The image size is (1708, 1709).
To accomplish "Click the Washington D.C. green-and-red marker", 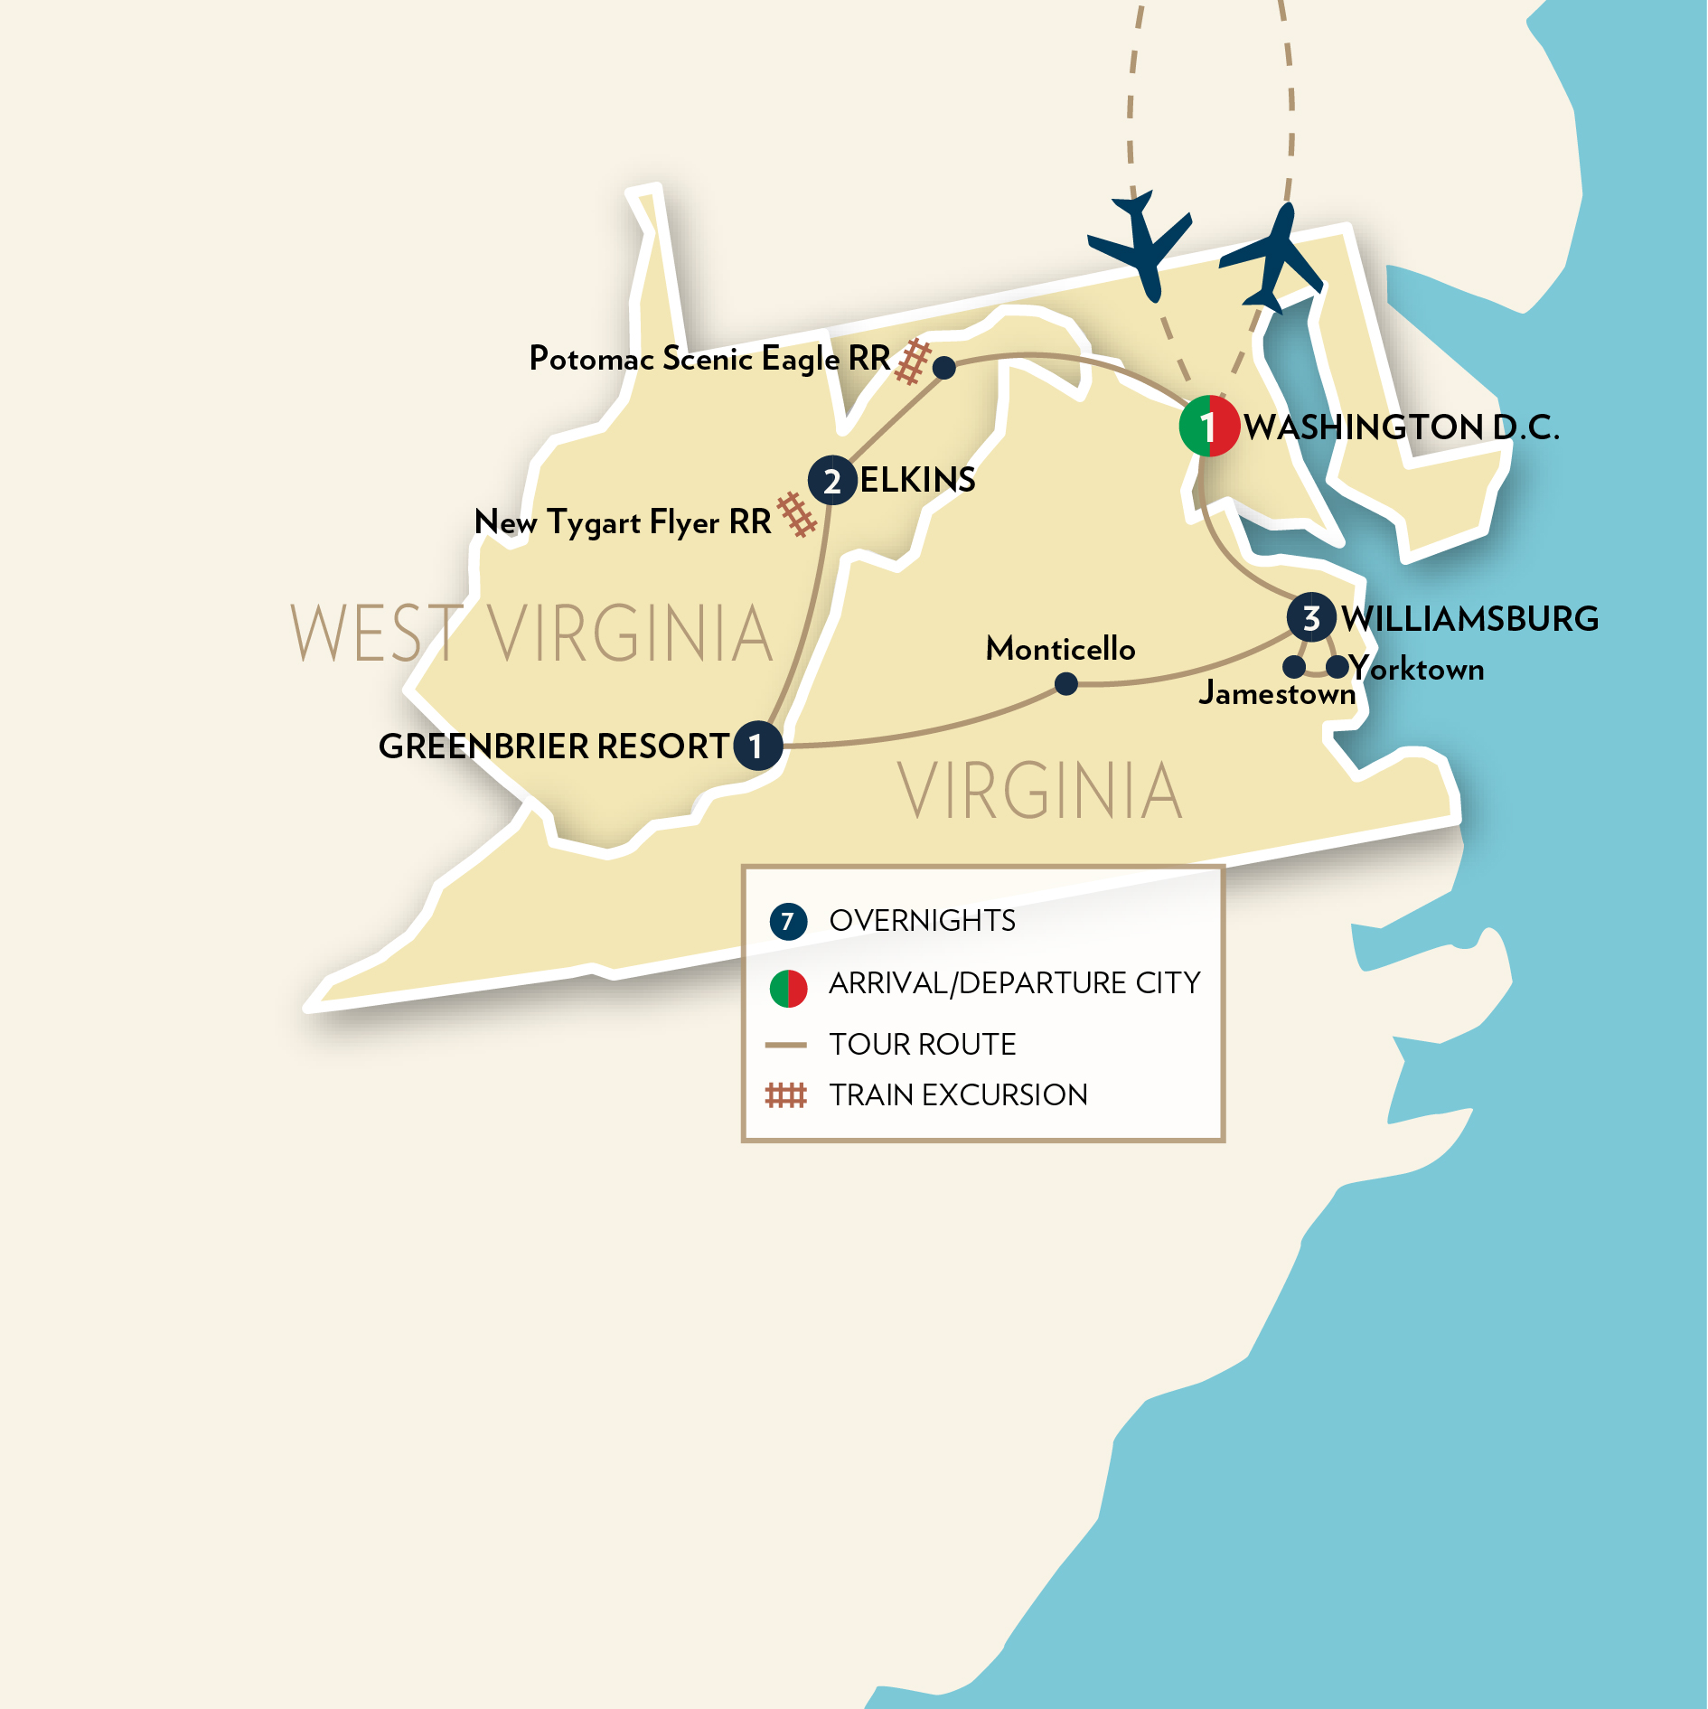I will tap(1208, 426).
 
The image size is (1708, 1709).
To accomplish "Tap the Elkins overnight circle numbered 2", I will tap(832, 480).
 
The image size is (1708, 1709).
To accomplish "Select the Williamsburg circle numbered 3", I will tap(1311, 618).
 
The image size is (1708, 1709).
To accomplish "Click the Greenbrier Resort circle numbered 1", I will tap(757, 746).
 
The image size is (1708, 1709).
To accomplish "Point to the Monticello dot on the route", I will tap(1066, 684).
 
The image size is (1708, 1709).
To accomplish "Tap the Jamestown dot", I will tap(1294, 667).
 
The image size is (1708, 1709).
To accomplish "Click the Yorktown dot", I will tap(1337, 667).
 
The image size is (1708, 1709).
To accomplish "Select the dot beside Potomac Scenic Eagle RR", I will tap(944, 367).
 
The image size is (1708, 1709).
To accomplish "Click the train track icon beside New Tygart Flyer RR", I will tap(797, 514).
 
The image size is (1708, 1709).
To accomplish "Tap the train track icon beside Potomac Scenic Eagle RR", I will tap(914, 361).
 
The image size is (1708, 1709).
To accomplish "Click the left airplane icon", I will tap(1139, 242).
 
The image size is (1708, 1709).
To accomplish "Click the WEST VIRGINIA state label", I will tap(531, 634).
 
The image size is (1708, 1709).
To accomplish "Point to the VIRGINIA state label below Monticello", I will tap(1040, 791).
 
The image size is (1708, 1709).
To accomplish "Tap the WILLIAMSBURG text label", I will tap(1469, 619).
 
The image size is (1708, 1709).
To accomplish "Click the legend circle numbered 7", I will tap(788, 921).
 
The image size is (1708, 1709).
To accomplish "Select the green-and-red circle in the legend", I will tap(788, 988).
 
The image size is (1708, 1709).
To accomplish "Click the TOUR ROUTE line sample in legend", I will tap(785, 1045).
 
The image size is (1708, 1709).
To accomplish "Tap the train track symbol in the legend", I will tap(785, 1095).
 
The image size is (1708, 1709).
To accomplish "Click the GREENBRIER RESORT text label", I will tap(553, 747).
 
